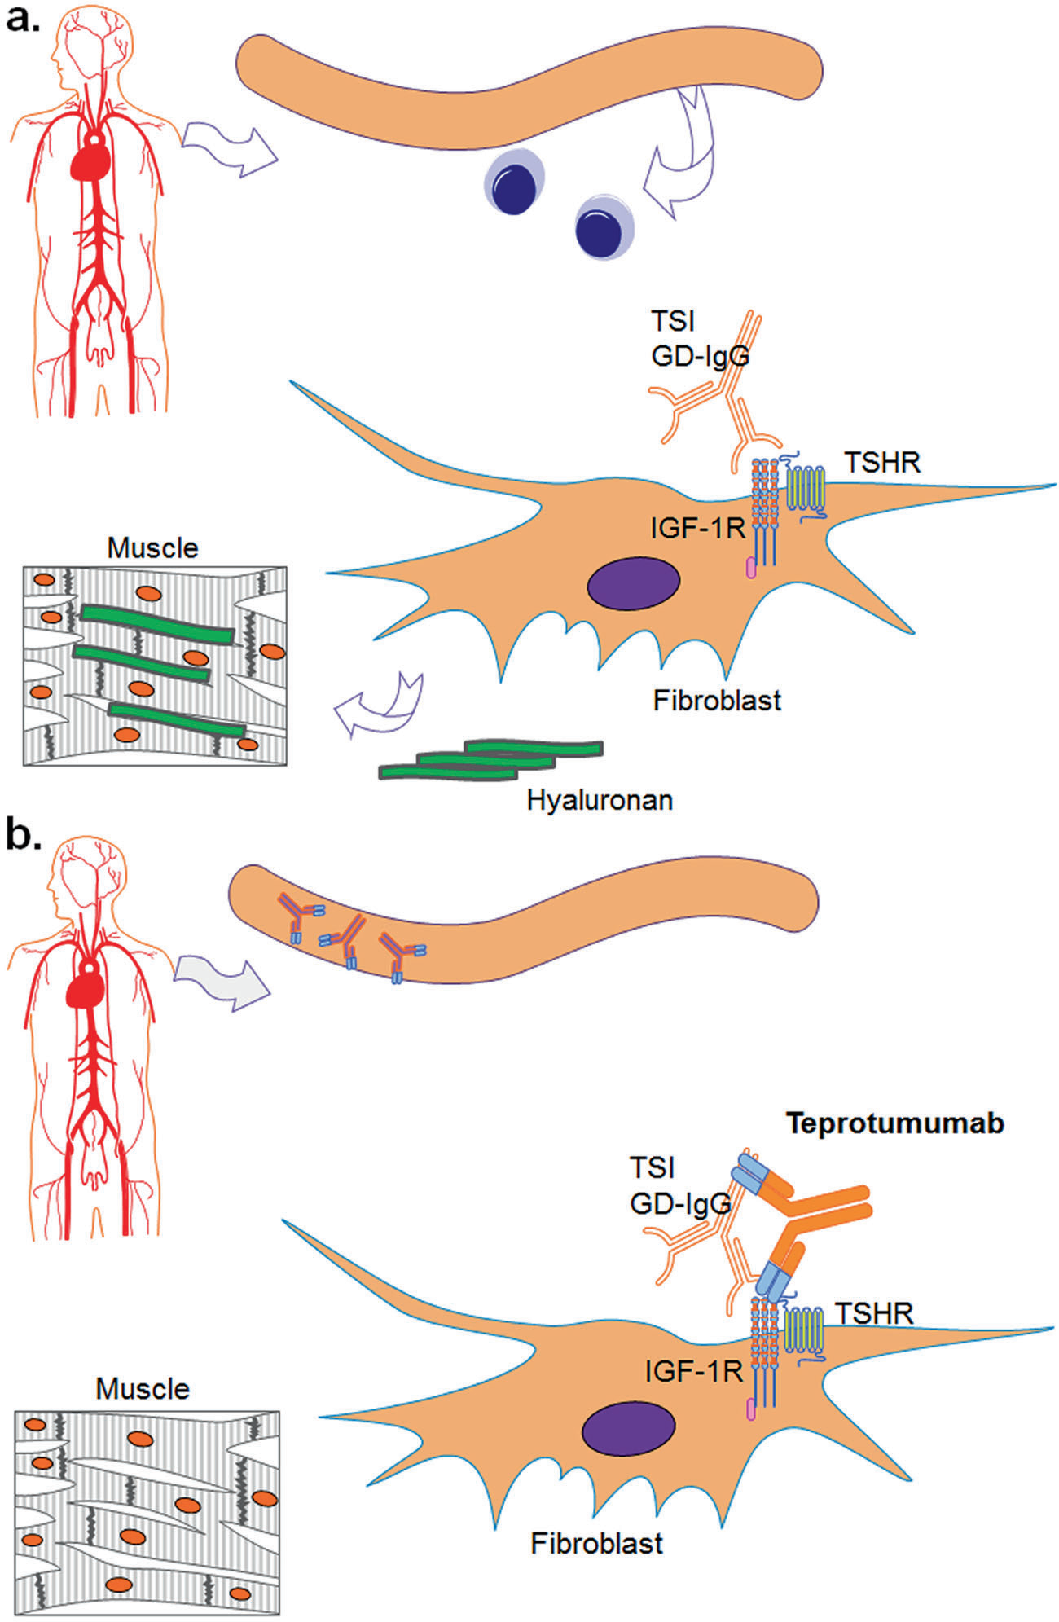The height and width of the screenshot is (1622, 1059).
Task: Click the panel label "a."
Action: (x=23, y=18)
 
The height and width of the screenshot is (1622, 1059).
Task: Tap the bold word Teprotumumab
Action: (x=894, y=1123)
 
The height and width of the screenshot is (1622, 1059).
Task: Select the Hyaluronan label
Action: (x=600, y=800)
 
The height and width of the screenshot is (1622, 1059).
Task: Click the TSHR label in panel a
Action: (x=882, y=463)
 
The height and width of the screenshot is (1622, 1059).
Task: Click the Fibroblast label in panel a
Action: (x=717, y=701)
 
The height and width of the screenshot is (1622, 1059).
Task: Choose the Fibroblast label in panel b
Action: (x=597, y=1543)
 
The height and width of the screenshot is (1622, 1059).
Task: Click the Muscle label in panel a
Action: (x=153, y=548)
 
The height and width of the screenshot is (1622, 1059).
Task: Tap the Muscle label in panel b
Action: (x=143, y=1388)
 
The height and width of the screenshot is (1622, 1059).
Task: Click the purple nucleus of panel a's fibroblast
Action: (x=634, y=583)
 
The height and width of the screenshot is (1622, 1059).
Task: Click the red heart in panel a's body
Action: (x=90, y=157)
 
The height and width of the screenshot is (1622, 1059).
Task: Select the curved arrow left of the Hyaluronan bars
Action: (x=380, y=705)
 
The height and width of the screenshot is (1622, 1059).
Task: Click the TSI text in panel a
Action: (x=673, y=321)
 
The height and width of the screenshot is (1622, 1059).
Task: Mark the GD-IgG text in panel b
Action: (x=679, y=1203)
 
